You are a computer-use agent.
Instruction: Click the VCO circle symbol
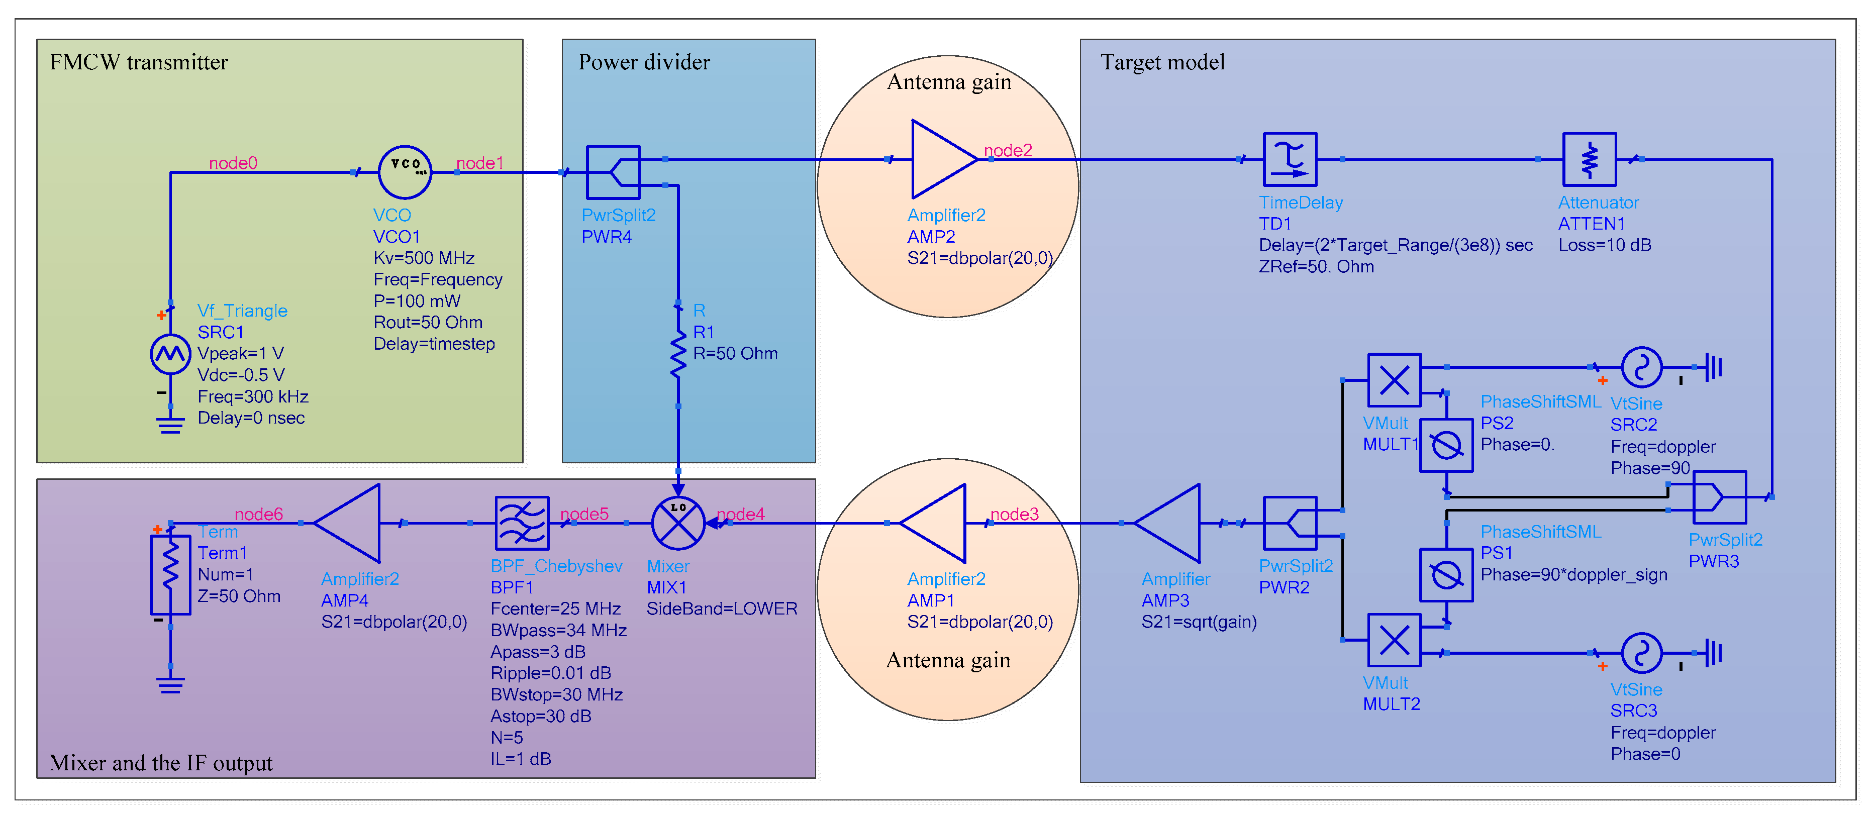405,172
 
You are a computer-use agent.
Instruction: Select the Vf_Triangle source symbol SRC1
170,354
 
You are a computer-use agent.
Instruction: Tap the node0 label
233,163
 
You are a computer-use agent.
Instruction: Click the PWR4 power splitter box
613,172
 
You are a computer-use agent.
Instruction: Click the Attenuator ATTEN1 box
1589,159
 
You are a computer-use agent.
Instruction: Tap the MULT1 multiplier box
1394,380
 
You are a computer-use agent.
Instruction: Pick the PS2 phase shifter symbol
1446,445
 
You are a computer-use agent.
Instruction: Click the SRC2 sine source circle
1641,367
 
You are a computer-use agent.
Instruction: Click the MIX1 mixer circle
677,523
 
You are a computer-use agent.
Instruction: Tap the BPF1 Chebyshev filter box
522,523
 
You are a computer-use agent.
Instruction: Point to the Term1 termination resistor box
170,575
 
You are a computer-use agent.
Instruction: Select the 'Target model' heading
1162,63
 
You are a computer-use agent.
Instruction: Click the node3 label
1014,515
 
